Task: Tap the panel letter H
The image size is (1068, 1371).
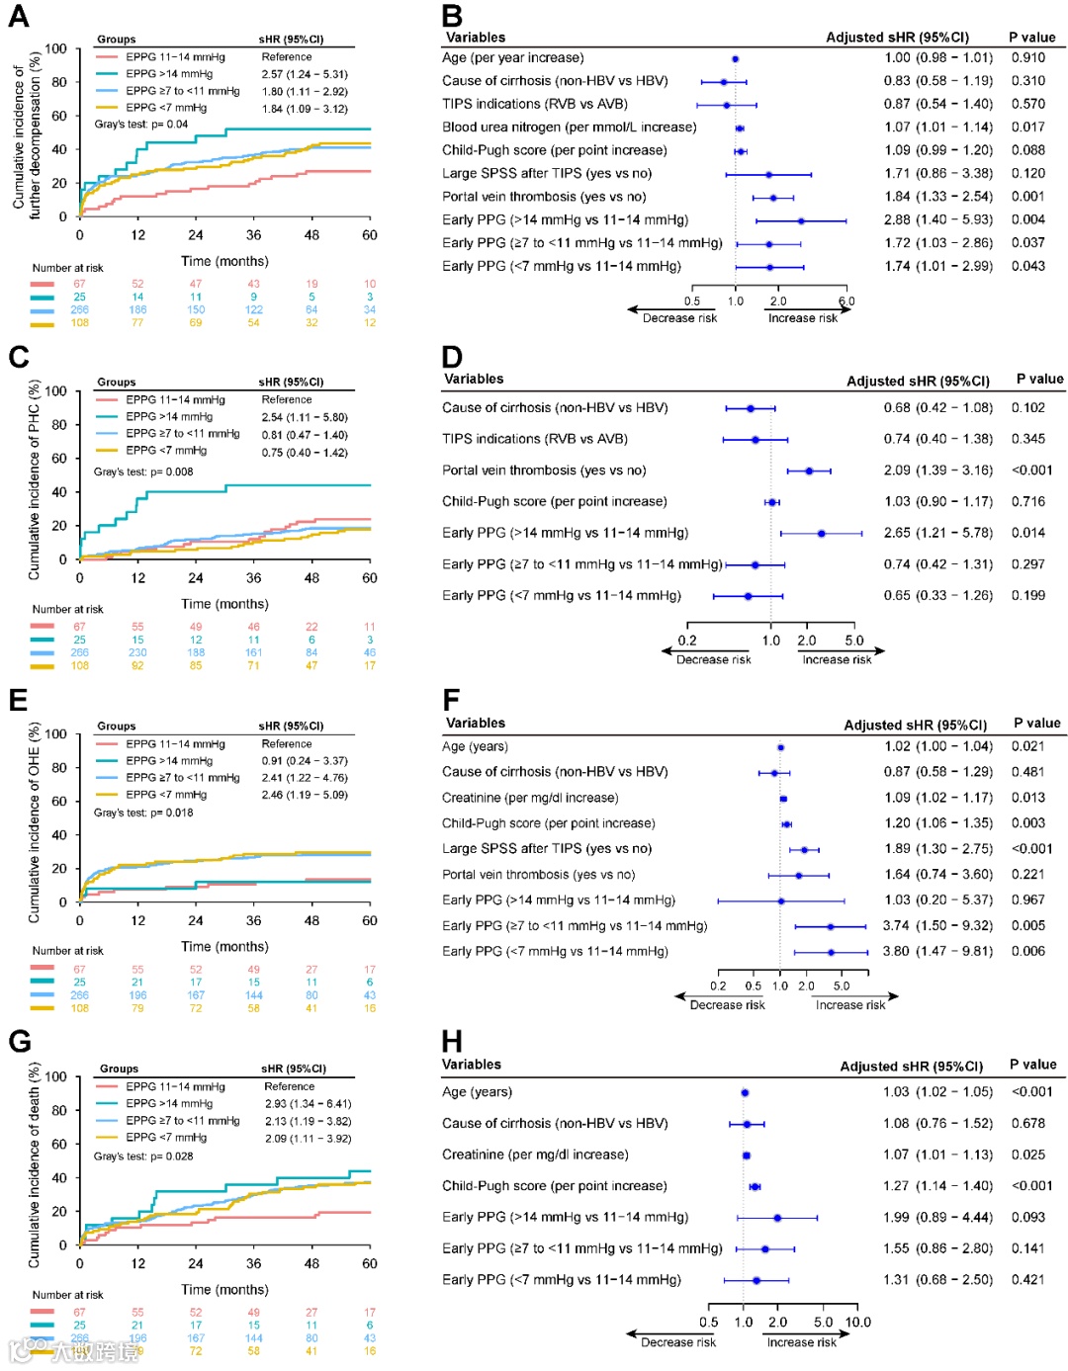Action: (452, 1041)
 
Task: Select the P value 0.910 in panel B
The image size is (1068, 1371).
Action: (1027, 57)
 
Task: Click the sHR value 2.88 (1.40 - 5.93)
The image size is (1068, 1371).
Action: (937, 219)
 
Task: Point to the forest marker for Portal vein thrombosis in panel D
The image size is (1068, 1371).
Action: (809, 471)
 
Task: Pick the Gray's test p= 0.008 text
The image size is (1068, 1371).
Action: (143, 471)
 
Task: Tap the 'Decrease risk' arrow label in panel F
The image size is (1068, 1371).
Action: (727, 1004)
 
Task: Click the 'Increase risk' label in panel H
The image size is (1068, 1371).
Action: (801, 1342)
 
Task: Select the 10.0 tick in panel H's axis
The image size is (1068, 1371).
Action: (857, 1323)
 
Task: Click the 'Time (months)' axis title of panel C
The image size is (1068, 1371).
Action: (224, 604)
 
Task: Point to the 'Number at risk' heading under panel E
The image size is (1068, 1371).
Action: (67, 951)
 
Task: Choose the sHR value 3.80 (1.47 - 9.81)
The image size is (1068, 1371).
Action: (937, 951)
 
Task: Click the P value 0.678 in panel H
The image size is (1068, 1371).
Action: (1027, 1123)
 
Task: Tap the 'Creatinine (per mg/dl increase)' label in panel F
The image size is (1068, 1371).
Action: (530, 798)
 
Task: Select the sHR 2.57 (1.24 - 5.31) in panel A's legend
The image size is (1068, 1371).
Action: (305, 74)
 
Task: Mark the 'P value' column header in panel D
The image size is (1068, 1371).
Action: (1039, 379)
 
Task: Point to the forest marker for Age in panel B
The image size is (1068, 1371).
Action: (735, 58)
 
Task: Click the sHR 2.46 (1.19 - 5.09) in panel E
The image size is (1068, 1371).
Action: (305, 795)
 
